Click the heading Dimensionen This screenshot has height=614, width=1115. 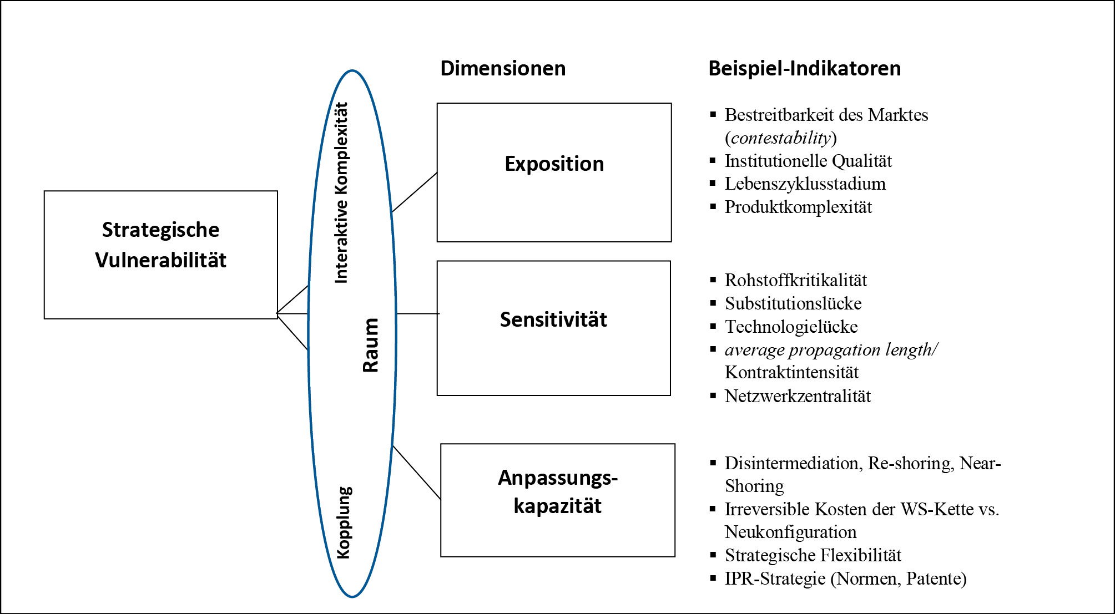(x=503, y=68)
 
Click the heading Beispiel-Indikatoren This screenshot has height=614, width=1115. (x=804, y=68)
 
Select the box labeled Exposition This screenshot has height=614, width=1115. (x=554, y=164)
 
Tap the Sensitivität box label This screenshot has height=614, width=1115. (x=553, y=320)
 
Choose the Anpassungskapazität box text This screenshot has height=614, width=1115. (x=557, y=491)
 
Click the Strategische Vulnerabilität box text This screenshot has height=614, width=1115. (x=160, y=245)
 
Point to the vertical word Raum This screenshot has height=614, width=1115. (x=370, y=345)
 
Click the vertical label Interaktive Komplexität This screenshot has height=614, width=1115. (x=341, y=193)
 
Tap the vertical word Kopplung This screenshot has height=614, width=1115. (x=344, y=522)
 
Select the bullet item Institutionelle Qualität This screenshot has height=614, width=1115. (x=808, y=161)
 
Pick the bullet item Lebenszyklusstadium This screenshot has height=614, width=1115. (x=805, y=184)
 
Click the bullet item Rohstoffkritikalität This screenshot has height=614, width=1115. (x=795, y=280)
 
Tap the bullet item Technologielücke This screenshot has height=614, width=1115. (x=791, y=327)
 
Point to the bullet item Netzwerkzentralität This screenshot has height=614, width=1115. (x=798, y=396)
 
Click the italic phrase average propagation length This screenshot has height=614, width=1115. (x=829, y=350)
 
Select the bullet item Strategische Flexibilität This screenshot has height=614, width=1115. (x=813, y=555)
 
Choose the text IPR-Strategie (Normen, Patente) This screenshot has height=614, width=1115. (x=845, y=579)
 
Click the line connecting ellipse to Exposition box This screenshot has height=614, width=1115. (x=415, y=192)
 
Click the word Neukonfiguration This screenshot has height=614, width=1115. (x=790, y=532)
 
